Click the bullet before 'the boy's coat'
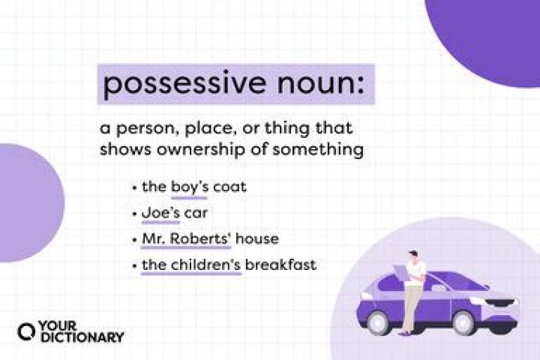133,187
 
